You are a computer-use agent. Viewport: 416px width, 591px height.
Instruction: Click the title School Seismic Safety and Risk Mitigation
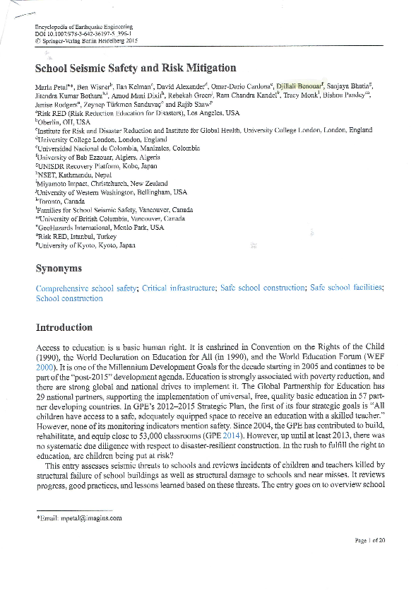[135, 69]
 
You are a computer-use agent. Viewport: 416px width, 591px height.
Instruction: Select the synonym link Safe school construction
[262, 288]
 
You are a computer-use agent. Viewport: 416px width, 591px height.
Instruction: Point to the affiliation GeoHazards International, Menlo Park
[100, 228]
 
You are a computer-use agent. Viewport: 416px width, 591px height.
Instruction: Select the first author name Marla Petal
[54, 85]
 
